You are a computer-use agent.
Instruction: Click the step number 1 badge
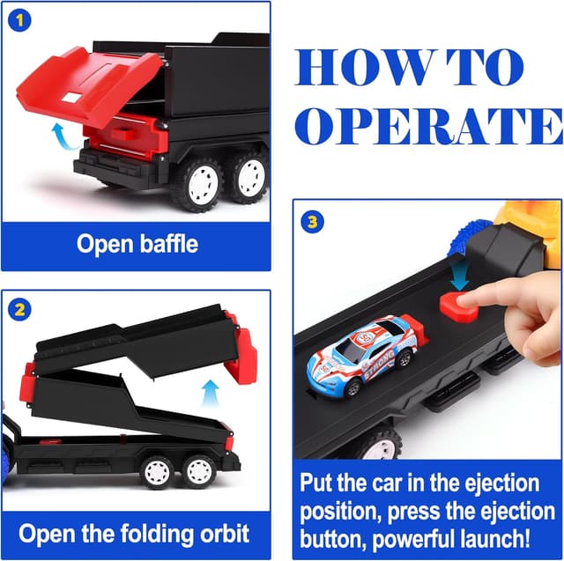[19, 20]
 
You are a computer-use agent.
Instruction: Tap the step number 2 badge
[19, 309]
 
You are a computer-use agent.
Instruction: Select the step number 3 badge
[312, 222]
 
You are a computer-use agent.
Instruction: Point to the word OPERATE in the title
[429, 126]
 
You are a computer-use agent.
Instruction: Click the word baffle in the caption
[168, 244]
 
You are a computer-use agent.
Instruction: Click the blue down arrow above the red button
[460, 276]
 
